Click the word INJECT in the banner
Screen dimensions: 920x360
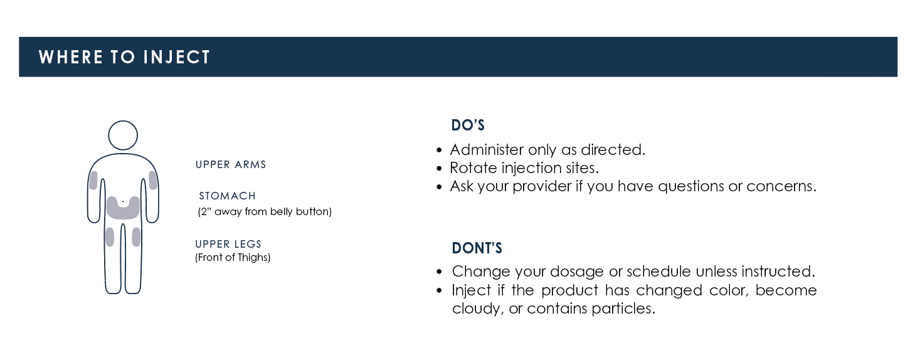point(177,57)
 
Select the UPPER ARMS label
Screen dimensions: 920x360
point(231,164)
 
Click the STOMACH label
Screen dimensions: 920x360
point(227,196)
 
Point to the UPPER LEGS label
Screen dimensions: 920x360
point(228,244)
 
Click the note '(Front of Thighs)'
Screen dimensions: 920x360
point(233,257)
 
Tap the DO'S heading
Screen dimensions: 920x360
point(468,125)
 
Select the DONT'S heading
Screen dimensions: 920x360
point(477,248)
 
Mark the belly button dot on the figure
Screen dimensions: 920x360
point(123,201)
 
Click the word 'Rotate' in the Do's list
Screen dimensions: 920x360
point(473,167)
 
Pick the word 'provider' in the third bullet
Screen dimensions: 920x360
point(542,186)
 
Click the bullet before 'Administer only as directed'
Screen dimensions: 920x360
point(440,150)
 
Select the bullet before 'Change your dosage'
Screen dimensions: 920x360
point(440,272)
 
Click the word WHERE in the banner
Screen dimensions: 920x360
point(71,57)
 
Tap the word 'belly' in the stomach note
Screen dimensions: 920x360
point(282,211)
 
